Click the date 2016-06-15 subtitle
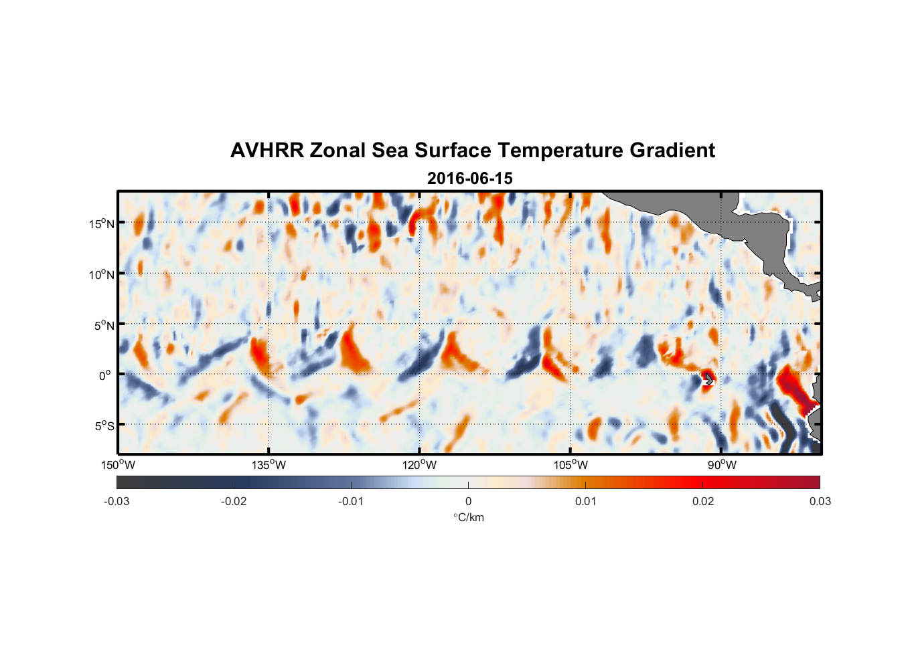coord(469,179)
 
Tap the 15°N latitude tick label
coord(101,223)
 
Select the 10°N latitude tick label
coord(101,274)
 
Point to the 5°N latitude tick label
coord(104,325)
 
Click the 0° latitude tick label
coord(105,375)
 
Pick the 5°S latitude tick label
coord(104,426)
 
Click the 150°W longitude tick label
coord(118,465)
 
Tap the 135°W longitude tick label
coord(269,465)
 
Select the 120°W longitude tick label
coord(419,465)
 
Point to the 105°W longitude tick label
coord(571,465)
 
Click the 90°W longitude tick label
coord(721,465)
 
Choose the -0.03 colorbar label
coord(117,501)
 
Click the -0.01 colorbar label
coord(351,501)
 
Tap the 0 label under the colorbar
coord(468,501)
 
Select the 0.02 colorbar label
coord(703,501)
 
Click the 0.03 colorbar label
coord(820,501)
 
